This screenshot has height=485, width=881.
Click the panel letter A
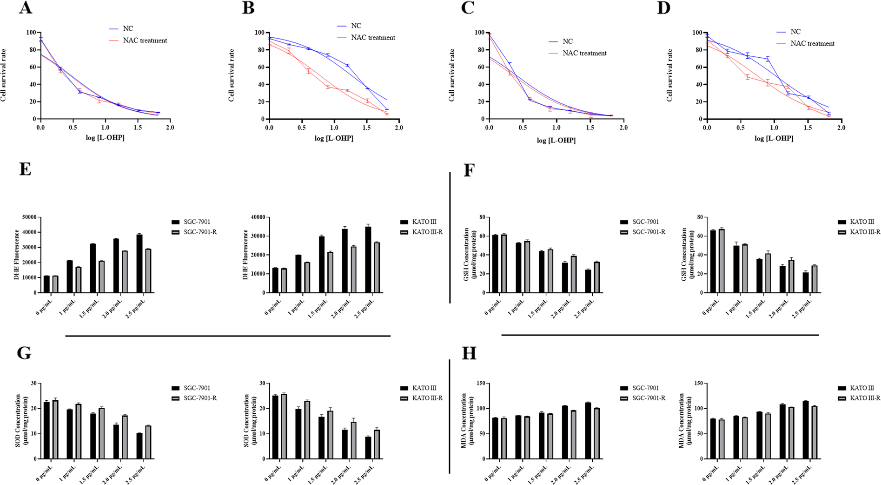click(26, 8)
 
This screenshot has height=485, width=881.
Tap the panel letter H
click(469, 354)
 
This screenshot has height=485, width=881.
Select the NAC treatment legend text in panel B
click(373, 38)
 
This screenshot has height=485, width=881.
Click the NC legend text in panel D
click(795, 32)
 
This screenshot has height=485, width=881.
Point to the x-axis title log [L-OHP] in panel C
click(556, 140)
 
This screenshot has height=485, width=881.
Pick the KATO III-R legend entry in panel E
click(427, 232)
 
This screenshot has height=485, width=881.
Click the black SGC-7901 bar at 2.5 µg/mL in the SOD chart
click(139, 446)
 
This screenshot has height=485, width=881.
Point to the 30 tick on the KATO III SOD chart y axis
click(262, 384)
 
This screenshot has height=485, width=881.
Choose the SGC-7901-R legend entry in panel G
click(200, 398)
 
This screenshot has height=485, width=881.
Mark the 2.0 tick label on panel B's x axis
click(398, 128)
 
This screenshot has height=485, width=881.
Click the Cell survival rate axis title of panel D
click(669, 75)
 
